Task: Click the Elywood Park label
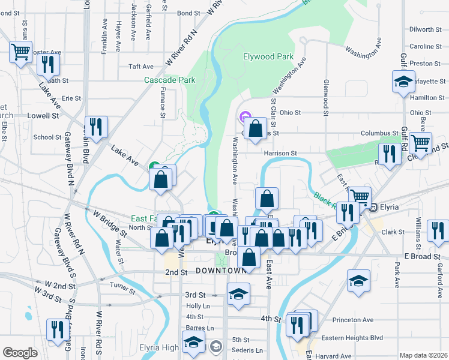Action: (268, 57)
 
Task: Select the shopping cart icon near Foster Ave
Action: (20, 52)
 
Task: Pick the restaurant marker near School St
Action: (95, 127)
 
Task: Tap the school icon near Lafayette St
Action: (403, 82)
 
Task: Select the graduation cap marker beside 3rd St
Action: (238, 294)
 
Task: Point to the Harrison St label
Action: (282, 154)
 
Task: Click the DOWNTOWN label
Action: (221, 271)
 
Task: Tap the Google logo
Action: (20, 353)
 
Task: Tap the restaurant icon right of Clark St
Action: (438, 231)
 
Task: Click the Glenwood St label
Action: (326, 96)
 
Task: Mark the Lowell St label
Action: (44, 115)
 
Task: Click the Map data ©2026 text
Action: (423, 355)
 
